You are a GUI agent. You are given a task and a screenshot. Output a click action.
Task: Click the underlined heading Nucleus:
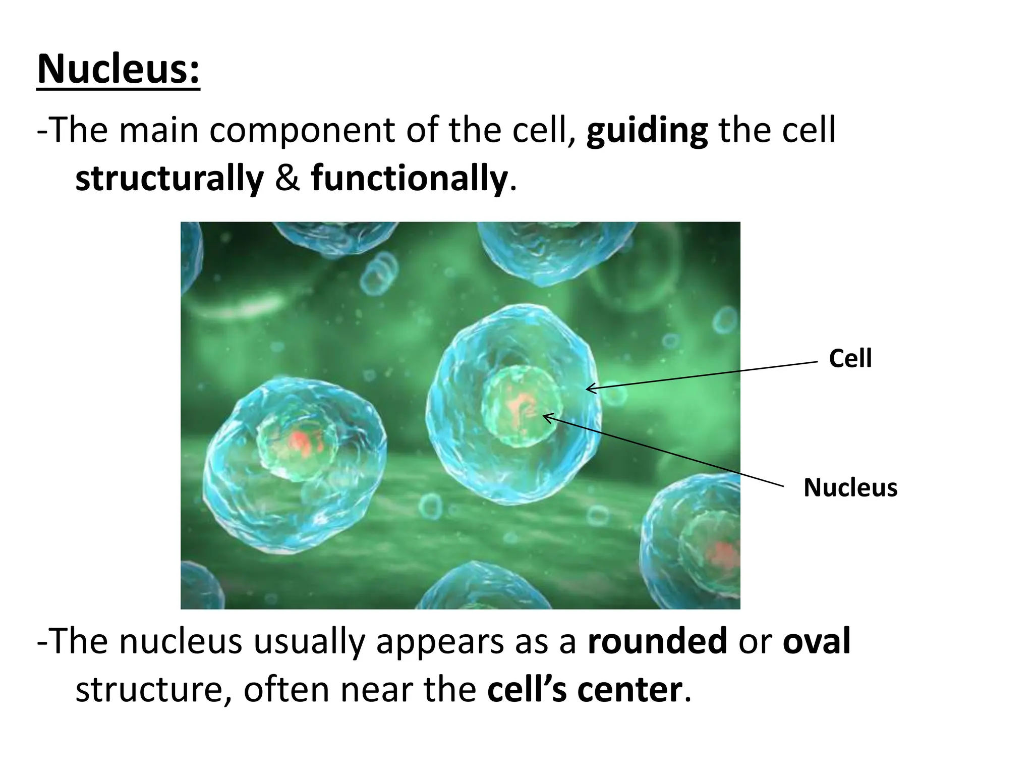(119, 69)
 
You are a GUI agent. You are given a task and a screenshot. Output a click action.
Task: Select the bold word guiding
(647, 130)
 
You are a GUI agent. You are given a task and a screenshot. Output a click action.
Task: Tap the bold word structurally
(169, 178)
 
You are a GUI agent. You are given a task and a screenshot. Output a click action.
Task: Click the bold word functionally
(409, 178)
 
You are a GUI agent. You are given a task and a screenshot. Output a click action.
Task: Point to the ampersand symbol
(288, 178)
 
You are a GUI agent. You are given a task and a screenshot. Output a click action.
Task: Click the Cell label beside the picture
(850, 359)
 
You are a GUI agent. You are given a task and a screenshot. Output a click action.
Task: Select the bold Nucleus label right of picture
(850, 487)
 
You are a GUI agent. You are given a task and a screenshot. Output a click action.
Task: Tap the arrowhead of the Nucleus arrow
(545, 416)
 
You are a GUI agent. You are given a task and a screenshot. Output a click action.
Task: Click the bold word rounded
(657, 641)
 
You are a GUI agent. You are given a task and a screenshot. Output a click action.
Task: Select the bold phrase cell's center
(584, 690)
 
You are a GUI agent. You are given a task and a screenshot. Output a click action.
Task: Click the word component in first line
(302, 130)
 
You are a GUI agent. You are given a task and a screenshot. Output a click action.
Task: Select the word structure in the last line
(149, 690)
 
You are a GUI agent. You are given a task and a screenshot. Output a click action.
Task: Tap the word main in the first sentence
(158, 130)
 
